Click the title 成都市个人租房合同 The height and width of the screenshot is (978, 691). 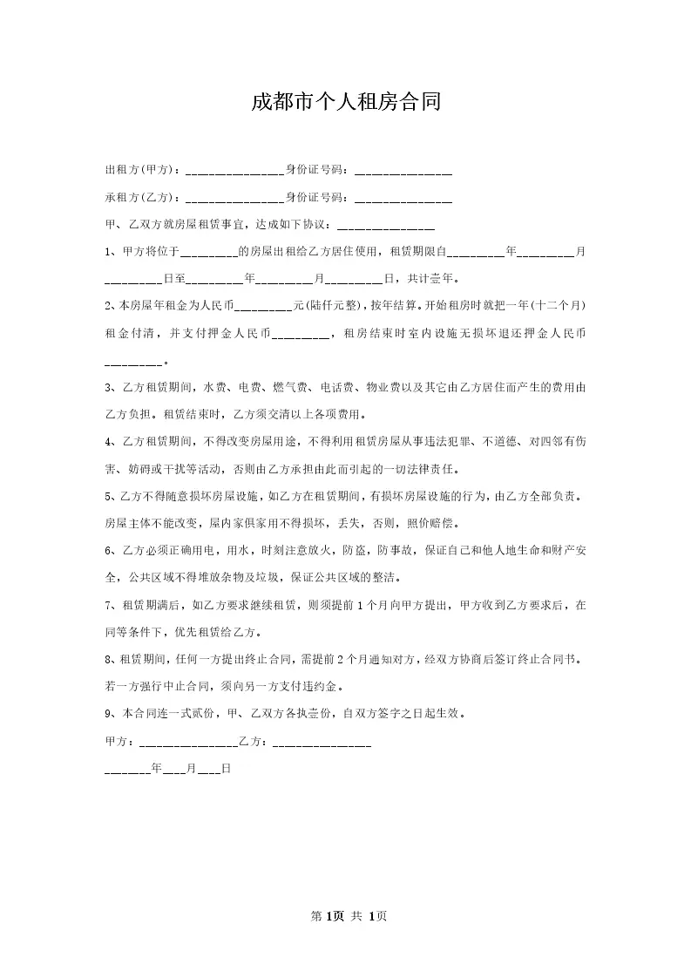click(x=346, y=102)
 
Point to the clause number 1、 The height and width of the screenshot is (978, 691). click(x=111, y=252)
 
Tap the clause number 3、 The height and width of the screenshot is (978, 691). click(x=111, y=387)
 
